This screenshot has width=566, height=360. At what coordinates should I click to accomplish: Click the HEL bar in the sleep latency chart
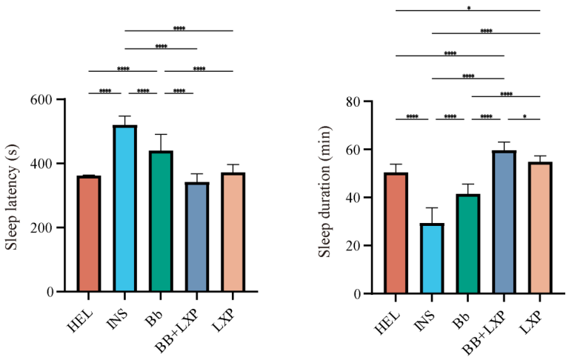(x=89, y=233)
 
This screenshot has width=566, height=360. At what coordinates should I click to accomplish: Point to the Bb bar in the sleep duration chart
(x=468, y=244)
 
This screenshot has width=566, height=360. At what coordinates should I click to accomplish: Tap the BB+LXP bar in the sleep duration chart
(x=505, y=222)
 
